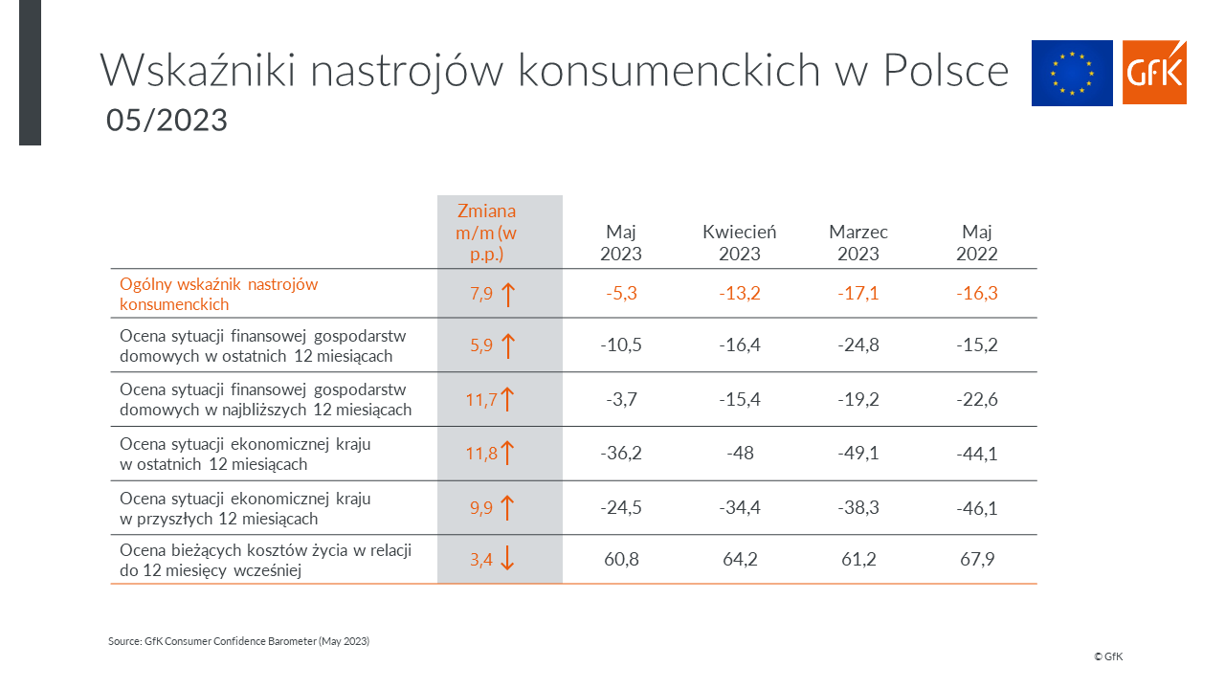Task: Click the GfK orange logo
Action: (1154, 72)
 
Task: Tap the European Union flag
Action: (1072, 73)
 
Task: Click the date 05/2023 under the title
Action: (167, 121)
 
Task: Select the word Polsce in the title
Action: (947, 70)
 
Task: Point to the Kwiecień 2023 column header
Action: (740, 243)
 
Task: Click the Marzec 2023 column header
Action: (858, 243)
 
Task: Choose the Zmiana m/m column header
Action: (486, 233)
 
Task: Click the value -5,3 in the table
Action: (621, 294)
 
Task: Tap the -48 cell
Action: (740, 454)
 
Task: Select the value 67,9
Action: (977, 560)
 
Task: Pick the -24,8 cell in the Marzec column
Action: (858, 345)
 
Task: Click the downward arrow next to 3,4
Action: (507, 558)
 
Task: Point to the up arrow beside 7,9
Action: (508, 295)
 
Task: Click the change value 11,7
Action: (481, 400)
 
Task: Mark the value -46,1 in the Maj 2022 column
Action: (977, 508)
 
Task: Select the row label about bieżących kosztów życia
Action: (266, 561)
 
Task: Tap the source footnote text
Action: (238, 641)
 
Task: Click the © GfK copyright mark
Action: (1108, 656)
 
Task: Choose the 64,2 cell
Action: (740, 560)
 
